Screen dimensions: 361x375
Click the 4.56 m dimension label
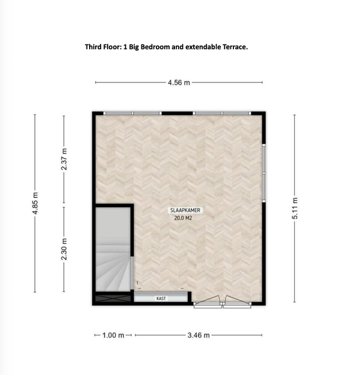pyautogui.click(x=179, y=82)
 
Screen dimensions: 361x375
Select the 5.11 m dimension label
pyautogui.click(x=295, y=208)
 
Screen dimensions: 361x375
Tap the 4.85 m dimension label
pyautogui.click(x=35, y=203)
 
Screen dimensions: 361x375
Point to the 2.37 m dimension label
pyautogui.click(x=64, y=159)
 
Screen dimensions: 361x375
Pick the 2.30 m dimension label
pyautogui.click(x=64, y=249)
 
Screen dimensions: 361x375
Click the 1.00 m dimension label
pyautogui.click(x=113, y=335)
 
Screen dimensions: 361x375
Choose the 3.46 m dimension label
pyautogui.click(x=199, y=335)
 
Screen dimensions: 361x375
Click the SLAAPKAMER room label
pyautogui.click(x=185, y=210)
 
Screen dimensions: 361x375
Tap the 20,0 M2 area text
pyautogui.click(x=183, y=218)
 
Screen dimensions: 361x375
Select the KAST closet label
pyautogui.click(x=161, y=299)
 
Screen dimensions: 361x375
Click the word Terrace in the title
pyautogui.click(x=235, y=47)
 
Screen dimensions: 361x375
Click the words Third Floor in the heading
pyautogui.click(x=103, y=47)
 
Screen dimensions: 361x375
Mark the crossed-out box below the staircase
pyautogui.click(x=113, y=299)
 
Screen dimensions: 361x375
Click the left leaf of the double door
pyautogui.click(x=208, y=302)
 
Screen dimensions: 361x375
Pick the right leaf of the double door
pyautogui.click(x=237, y=302)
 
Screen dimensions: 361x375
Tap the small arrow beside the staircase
pyautogui.click(x=137, y=283)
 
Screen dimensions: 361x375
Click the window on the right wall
pyautogui.click(x=264, y=173)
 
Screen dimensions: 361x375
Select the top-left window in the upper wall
pyautogui.click(x=132, y=113)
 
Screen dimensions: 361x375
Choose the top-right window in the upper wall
pyautogui.click(x=222, y=113)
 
